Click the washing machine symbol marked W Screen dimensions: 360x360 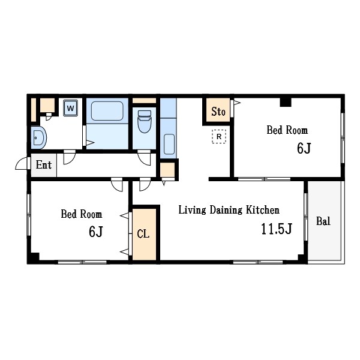[x=70, y=108]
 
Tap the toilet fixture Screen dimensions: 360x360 [x=145, y=121]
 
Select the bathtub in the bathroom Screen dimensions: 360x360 [x=107, y=111]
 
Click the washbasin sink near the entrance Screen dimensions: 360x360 [x=38, y=138]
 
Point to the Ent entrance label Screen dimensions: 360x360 [x=44, y=165]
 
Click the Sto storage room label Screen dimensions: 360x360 [x=218, y=112]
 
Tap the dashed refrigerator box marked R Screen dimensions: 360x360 [x=219, y=137]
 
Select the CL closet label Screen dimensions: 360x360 [x=143, y=234]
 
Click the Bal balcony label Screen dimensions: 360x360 [x=323, y=221]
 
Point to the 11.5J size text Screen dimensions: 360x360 [x=277, y=229]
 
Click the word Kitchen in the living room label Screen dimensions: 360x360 [x=263, y=210]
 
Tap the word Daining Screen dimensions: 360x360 [x=226, y=211]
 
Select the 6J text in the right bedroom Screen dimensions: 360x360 [x=304, y=148]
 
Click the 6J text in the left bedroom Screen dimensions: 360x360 [x=96, y=232]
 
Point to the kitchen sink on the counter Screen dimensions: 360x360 [x=169, y=144]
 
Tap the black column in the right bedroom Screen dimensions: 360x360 [x=286, y=103]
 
